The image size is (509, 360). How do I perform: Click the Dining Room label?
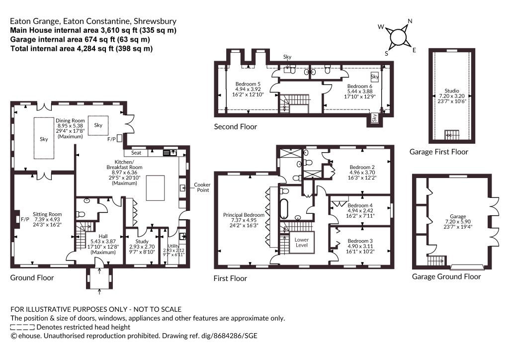click(x=70, y=120)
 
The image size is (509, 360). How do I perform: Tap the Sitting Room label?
click(x=47, y=214)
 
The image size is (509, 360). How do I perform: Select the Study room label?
click(x=142, y=242)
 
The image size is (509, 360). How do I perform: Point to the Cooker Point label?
click(x=202, y=187)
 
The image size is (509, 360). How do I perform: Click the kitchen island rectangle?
click(x=155, y=188)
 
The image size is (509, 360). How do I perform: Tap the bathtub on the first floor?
click(x=284, y=208)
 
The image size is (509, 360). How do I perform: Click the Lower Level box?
click(x=302, y=242)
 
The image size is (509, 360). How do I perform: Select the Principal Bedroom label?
click(x=244, y=215)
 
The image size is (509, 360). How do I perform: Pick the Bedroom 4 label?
click(x=360, y=205)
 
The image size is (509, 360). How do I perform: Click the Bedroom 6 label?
click(x=360, y=87)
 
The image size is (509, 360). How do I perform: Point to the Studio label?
click(x=452, y=90)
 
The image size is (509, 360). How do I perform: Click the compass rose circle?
click(x=397, y=37)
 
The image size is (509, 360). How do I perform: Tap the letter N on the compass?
click(x=410, y=21)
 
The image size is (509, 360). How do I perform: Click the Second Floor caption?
click(x=235, y=127)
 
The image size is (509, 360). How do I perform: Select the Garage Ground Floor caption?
click(x=446, y=276)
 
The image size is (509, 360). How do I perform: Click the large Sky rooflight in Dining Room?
click(x=44, y=138)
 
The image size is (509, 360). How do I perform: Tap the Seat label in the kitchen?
click(x=136, y=153)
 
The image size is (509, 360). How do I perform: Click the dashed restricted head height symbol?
click(x=22, y=327)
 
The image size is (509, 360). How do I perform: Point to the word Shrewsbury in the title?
click(x=155, y=21)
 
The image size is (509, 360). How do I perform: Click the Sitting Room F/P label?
click(x=25, y=219)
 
